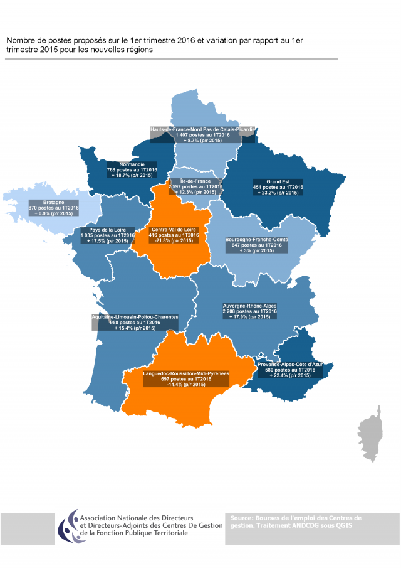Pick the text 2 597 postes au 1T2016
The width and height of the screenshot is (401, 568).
pos(196,187)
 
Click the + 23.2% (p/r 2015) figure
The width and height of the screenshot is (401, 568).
pos(280,192)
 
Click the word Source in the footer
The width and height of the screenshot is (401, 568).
pos(241,518)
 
